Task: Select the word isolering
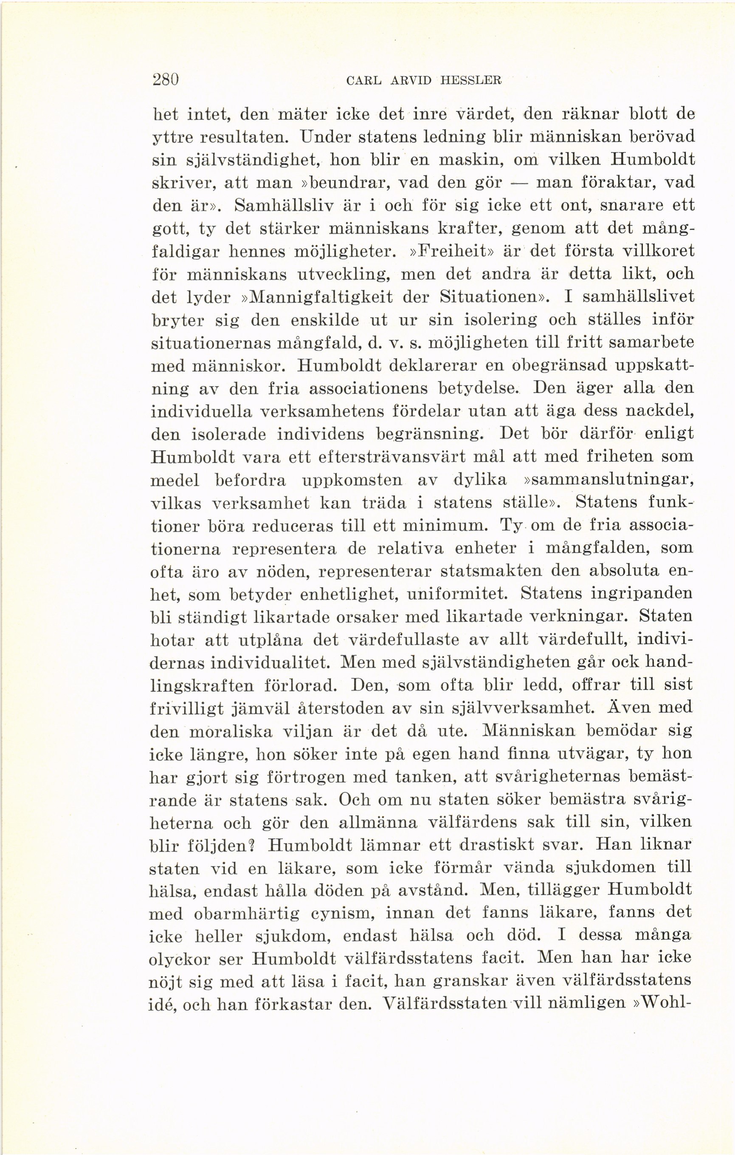click(493, 320)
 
